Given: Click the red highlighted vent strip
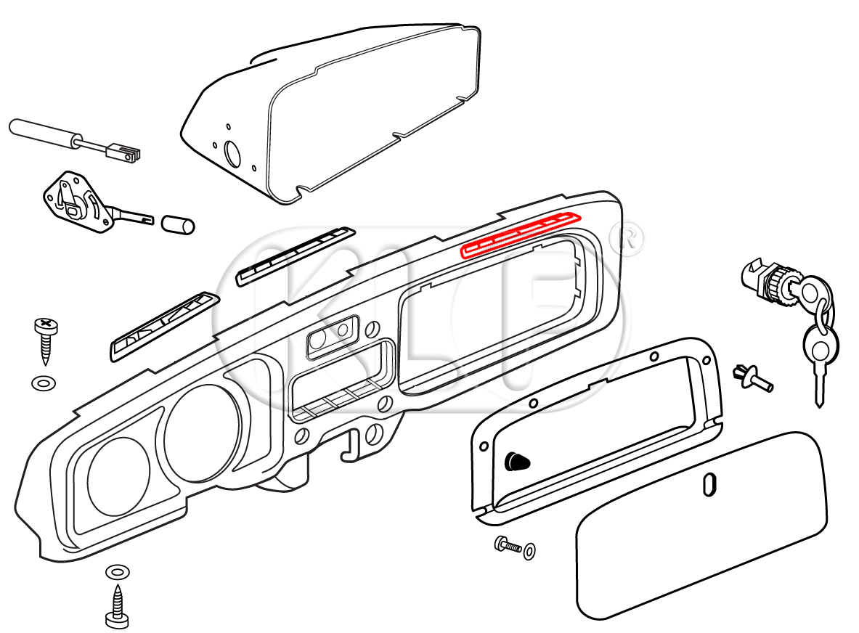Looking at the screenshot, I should [x=521, y=235].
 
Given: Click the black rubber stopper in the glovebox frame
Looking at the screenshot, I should [x=516, y=460].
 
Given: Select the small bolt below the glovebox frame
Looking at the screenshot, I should [x=510, y=546].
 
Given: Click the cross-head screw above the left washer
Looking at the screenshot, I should [x=44, y=337].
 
